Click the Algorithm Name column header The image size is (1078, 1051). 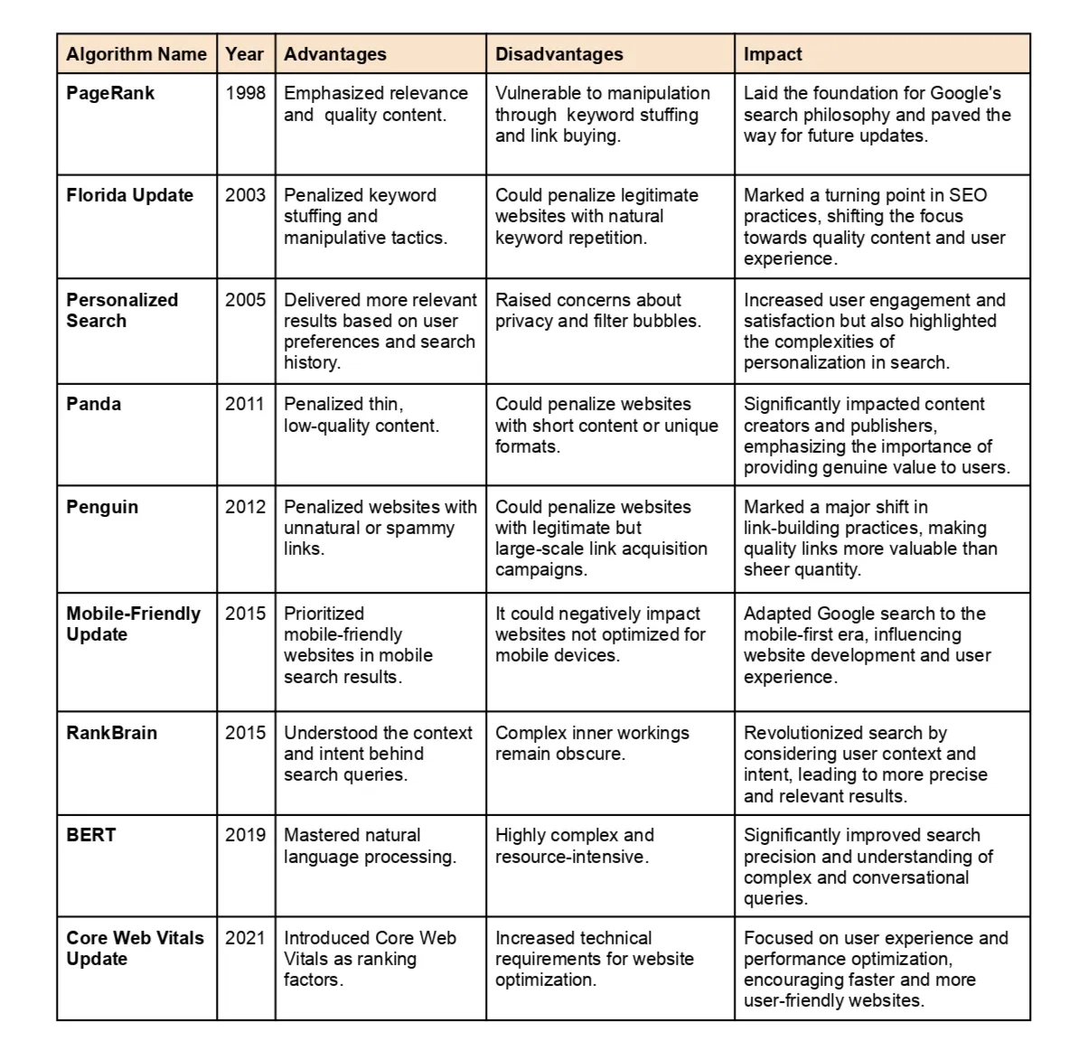point(136,54)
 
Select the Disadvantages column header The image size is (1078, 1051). point(558,54)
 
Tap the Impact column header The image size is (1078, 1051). point(773,54)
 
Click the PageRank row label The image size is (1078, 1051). point(110,93)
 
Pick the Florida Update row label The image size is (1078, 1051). point(129,195)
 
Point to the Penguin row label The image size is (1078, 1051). point(102,507)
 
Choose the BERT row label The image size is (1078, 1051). point(91,835)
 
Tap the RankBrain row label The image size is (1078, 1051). point(111,733)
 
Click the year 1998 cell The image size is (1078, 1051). point(246,93)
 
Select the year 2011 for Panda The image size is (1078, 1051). point(246,404)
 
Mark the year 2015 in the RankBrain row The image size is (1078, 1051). point(246,733)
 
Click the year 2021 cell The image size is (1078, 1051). point(246,938)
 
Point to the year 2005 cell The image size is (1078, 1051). point(246,300)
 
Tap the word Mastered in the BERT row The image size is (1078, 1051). point(321,835)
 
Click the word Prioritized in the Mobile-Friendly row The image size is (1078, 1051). point(323,614)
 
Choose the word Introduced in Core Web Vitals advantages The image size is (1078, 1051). point(326,938)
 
